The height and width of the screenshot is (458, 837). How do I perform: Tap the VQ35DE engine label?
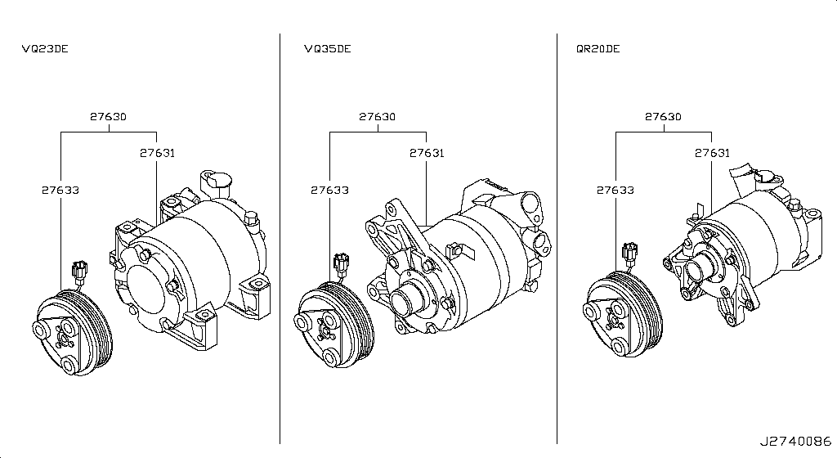(327, 49)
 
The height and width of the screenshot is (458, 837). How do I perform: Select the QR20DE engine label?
(598, 49)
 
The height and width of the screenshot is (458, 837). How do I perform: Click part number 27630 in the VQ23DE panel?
(108, 117)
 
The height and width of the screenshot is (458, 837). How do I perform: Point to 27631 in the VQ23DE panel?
(157, 153)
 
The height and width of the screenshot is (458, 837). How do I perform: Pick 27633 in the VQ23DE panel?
(60, 191)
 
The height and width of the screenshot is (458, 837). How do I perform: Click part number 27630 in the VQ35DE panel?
(377, 117)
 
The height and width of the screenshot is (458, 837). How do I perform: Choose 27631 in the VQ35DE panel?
(427, 153)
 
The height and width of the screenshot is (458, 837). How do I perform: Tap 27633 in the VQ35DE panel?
(329, 191)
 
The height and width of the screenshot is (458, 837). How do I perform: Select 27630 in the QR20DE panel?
(662, 117)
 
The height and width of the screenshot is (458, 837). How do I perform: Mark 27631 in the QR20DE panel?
(712, 153)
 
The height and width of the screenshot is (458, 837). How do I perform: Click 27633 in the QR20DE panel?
(615, 191)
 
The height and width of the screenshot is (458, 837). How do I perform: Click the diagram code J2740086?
(799, 442)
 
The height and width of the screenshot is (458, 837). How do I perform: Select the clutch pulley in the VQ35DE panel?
(331, 323)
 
